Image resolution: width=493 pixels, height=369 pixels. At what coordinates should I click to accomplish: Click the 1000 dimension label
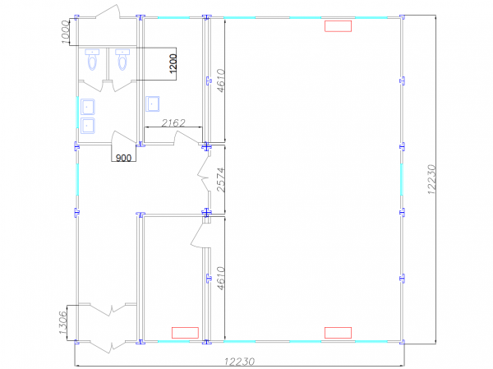(65, 32)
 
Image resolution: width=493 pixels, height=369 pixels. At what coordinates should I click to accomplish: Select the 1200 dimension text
(173, 64)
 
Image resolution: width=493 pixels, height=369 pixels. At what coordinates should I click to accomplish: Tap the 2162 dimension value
(173, 122)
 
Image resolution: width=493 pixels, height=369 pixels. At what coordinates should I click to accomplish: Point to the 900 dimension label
(123, 157)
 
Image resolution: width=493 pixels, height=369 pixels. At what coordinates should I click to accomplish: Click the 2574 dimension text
(221, 180)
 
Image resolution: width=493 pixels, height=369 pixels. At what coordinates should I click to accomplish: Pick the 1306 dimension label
(63, 323)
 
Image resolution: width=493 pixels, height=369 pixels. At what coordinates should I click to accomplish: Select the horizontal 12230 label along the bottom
(240, 362)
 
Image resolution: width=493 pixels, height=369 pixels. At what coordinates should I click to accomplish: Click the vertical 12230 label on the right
(431, 179)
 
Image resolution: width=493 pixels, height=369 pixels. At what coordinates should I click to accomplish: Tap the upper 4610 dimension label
(221, 81)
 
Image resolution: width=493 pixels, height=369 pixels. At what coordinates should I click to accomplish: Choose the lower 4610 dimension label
(221, 279)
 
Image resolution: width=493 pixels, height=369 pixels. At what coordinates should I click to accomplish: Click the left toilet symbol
(92, 59)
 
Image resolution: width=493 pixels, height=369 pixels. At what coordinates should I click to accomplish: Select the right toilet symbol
(122, 59)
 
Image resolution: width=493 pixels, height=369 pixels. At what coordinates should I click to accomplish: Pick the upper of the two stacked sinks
(88, 107)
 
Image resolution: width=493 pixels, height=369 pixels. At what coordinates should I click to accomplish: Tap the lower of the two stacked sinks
(88, 126)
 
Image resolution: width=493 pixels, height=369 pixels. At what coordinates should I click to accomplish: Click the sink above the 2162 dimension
(153, 104)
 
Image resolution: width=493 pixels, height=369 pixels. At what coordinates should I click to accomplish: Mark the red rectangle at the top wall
(338, 26)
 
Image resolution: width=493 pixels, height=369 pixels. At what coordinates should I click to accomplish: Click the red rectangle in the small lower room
(185, 333)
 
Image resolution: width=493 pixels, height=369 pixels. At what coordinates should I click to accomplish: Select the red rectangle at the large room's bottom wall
(338, 333)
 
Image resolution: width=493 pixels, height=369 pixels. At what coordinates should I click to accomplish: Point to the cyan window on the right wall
(402, 180)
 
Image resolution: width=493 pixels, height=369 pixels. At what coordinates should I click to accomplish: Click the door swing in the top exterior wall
(108, 12)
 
